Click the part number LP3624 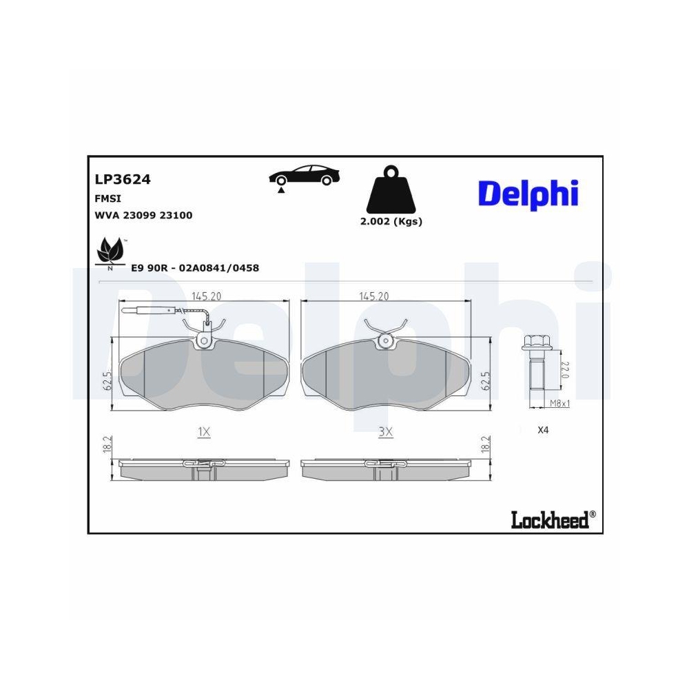[122, 180]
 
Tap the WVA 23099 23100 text [143, 215]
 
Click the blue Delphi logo [528, 194]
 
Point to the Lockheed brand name [550, 520]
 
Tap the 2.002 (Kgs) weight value [391, 221]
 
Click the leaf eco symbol [110, 251]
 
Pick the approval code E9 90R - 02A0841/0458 [195, 268]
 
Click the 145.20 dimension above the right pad [373, 296]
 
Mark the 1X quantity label [203, 432]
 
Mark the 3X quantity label [385, 432]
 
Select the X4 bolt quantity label [544, 430]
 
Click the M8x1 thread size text [559, 403]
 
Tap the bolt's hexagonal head [535, 341]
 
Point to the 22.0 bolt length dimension [564, 373]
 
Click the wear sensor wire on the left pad [162, 311]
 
